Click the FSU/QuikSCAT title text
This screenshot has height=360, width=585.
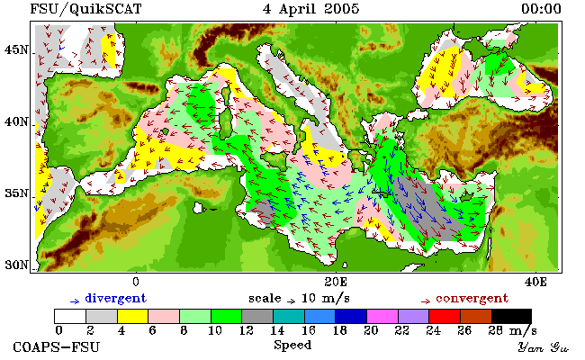85,9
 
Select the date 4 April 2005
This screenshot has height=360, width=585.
310,9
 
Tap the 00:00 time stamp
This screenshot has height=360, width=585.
541,9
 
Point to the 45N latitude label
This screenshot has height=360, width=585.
16,49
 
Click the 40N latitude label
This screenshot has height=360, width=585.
16,121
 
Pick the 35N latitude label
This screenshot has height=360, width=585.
16,193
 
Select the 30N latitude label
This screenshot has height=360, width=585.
16,265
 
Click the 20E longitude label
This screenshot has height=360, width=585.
336,282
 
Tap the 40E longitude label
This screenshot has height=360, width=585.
535,282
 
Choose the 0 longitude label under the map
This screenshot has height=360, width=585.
136,282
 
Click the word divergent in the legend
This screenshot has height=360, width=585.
116,299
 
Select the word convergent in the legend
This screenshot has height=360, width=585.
472,299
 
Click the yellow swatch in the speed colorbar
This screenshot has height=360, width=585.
133,317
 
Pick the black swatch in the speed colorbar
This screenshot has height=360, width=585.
511,317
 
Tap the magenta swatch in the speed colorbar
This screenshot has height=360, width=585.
382,317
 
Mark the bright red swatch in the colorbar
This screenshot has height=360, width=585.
445,317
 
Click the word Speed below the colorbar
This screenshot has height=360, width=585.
292,345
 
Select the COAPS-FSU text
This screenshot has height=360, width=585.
57,346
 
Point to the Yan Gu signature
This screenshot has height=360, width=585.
544,347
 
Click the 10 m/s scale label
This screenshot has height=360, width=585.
325,299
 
